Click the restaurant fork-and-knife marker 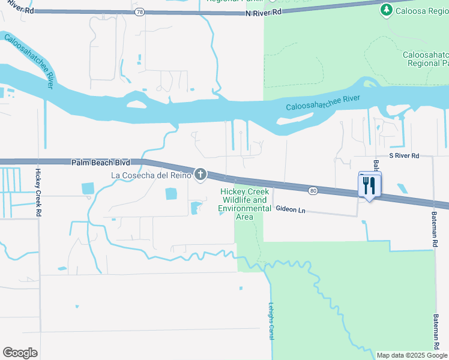click(x=369, y=185)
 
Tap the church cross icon click(x=200, y=175)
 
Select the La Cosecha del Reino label click(x=151, y=175)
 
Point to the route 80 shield click(x=313, y=190)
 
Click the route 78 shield click(x=139, y=11)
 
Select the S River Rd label click(x=404, y=155)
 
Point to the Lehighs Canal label click(x=271, y=320)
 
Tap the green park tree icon click(x=387, y=10)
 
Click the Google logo click(x=20, y=352)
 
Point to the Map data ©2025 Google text click(x=411, y=355)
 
